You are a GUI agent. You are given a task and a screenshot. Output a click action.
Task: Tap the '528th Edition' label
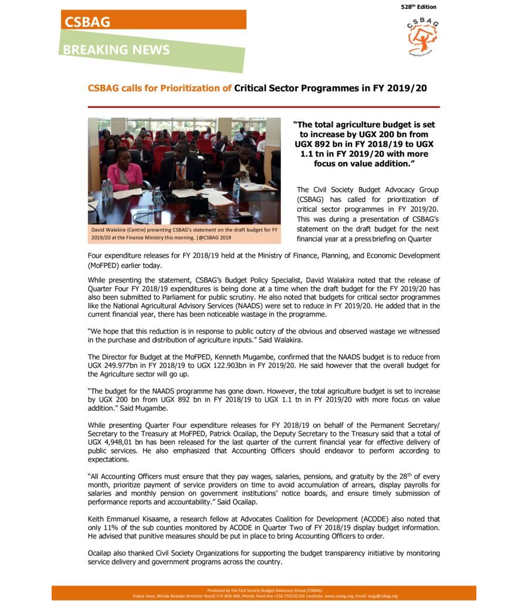[x=419, y=7]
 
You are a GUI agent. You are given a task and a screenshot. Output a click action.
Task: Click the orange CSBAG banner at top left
[x=153, y=21]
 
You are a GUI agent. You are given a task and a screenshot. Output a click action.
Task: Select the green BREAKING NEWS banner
[x=151, y=50]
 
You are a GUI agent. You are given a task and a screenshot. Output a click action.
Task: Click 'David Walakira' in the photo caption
[x=109, y=229]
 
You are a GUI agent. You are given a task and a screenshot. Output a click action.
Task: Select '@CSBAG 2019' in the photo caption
[x=214, y=238]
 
